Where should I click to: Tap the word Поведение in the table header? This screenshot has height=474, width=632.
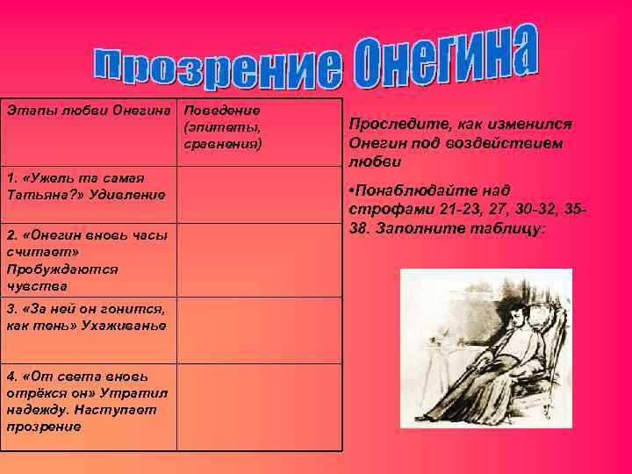[x=221, y=111]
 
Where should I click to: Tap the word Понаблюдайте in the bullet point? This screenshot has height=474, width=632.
[x=413, y=190]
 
